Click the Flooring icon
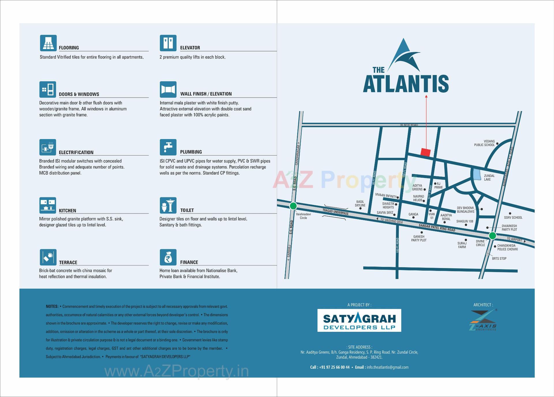pos(48,43)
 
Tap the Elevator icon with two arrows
pos(168,43)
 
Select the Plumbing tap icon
pos(168,147)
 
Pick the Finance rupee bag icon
pos(168,257)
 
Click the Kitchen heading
pos(68,211)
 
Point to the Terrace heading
pos(68,263)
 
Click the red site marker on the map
pos(426,152)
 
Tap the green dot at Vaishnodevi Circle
pos(293,206)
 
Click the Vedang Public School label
pos(484,143)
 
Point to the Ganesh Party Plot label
pos(419,238)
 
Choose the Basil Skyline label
pos(360,203)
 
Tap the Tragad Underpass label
pos(335,212)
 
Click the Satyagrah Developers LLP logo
pos(359,320)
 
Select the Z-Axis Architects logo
pos(483,320)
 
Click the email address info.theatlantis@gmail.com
pos(388,367)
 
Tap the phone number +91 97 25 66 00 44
pos(334,367)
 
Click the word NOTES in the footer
pos(52,306)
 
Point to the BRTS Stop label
pos(499,259)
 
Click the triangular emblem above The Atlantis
pos(404,55)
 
